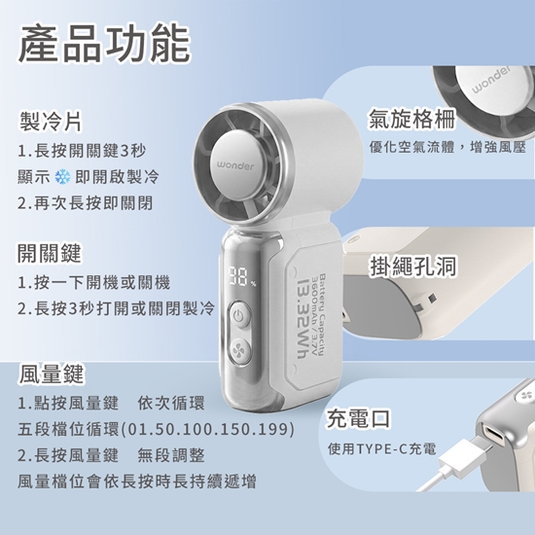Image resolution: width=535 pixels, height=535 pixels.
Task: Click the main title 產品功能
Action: click(104, 44)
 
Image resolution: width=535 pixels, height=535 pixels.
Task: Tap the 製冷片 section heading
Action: click(51, 122)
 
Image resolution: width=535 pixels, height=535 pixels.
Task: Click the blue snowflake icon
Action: click(62, 177)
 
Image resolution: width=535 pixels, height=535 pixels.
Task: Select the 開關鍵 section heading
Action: click(50, 253)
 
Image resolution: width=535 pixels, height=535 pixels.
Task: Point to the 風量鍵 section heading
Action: click(52, 374)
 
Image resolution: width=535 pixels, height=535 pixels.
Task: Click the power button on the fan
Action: click(239, 315)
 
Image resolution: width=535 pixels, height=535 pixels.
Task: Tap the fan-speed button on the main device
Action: click(239, 351)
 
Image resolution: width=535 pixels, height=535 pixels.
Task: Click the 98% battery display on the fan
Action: click(242, 277)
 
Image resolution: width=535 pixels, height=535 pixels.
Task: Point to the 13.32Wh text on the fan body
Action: click(304, 319)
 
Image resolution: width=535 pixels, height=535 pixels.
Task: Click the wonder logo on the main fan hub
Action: click(235, 166)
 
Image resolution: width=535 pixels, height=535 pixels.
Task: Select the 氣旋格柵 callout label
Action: click(412, 119)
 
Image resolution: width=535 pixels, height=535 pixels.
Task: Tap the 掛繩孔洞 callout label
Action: click(412, 266)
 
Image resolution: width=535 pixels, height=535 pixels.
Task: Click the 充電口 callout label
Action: click(359, 418)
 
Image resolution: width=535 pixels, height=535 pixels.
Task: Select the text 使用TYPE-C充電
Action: click(382, 449)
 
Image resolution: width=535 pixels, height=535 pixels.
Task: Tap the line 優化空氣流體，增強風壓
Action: click(447, 148)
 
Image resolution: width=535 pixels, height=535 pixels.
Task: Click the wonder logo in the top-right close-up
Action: click(491, 81)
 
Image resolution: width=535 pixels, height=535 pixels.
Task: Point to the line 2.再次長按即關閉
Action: click(85, 203)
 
